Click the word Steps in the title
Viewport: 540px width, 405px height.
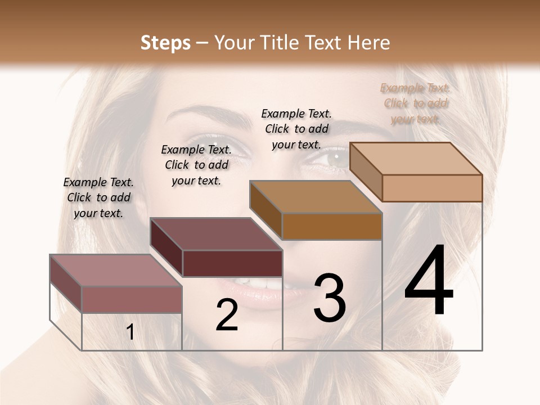(165, 43)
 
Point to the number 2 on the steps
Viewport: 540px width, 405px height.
(227, 315)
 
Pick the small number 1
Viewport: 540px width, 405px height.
(130, 332)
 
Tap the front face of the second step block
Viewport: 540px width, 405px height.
(232, 263)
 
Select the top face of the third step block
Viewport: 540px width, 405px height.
(316, 197)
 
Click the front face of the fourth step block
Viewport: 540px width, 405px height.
(432, 188)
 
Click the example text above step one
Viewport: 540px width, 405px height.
(98, 197)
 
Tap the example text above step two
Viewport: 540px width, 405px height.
(196, 165)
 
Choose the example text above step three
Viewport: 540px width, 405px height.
(296, 129)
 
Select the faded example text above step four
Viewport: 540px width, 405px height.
(415, 103)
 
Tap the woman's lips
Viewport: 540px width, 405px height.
(264, 292)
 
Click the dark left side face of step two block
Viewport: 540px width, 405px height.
(166, 248)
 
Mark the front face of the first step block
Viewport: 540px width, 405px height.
(132, 299)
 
